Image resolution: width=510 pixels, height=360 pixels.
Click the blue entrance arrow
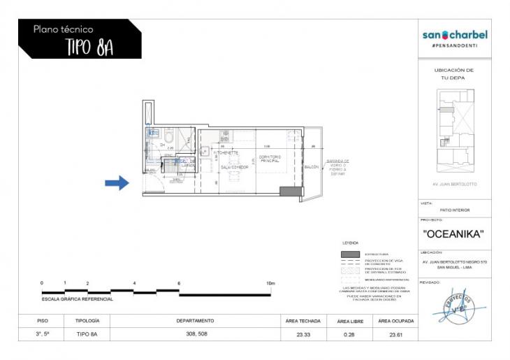(x=117, y=183)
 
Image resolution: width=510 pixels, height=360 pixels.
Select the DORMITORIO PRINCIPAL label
(x=269, y=159)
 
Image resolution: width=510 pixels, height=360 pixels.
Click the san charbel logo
(x=455, y=35)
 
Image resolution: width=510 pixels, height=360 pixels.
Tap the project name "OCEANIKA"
(x=454, y=234)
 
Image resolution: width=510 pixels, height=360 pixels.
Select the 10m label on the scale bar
(x=270, y=283)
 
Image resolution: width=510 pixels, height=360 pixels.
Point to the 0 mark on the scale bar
(x=42, y=283)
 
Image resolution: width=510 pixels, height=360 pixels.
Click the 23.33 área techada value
(x=303, y=335)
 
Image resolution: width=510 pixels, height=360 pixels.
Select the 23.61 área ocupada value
(x=395, y=335)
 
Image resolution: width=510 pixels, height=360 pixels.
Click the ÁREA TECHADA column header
(x=303, y=321)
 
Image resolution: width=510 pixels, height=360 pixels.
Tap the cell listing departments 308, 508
(x=195, y=335)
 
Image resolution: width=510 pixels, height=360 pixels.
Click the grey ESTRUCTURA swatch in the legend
(x=350, y=254)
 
